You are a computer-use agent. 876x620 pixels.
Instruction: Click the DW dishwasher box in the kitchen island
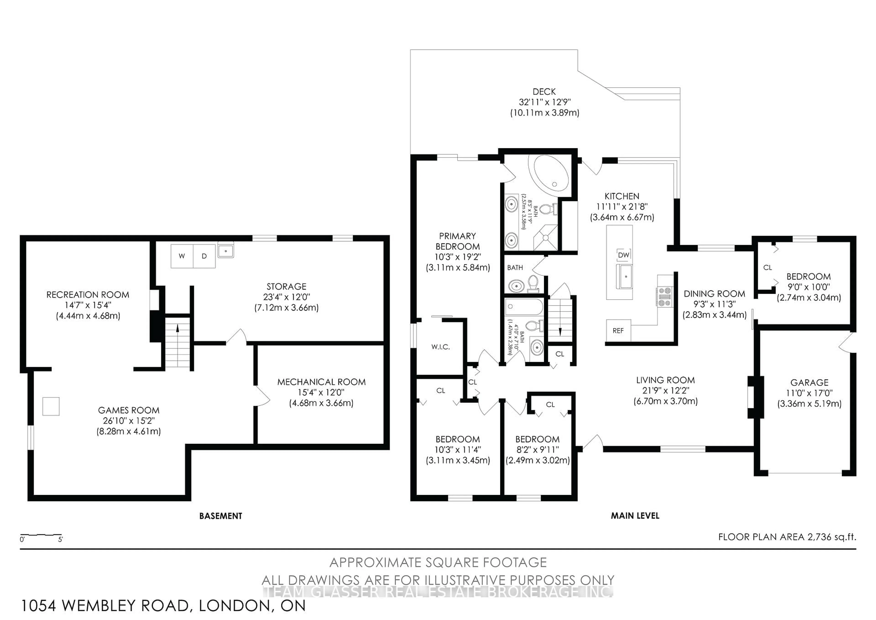(623, 255)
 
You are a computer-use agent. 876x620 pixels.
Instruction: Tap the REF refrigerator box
(618, 330)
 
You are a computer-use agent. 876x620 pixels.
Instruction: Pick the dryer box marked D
(204, 256)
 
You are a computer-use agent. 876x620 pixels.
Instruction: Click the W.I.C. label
(441, 347)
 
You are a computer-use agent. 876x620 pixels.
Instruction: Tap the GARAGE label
(809, 382)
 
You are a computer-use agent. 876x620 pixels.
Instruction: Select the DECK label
(544, 92)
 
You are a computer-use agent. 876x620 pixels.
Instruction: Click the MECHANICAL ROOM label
(321, 382)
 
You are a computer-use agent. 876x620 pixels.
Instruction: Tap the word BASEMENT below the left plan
(221, 516)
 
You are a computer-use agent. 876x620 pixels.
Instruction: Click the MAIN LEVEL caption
(635, 516)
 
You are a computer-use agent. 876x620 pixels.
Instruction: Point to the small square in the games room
(51, 406)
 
